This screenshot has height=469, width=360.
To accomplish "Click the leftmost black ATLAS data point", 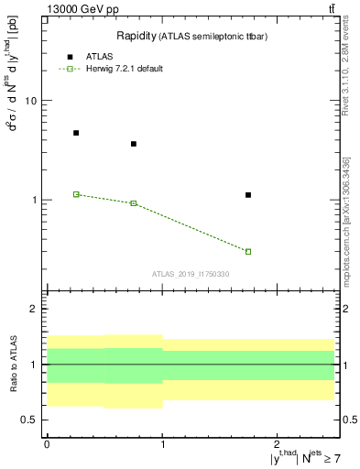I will [76, 133].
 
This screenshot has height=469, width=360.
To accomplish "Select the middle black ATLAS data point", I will [134, 144].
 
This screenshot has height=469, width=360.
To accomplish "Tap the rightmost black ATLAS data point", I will [248, 195].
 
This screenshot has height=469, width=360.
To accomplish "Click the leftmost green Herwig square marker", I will [76, 194].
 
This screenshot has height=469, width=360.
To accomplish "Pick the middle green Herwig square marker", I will [134, 203].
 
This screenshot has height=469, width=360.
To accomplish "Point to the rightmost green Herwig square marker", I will [248, 251].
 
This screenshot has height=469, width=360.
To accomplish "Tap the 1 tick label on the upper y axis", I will [34, 200].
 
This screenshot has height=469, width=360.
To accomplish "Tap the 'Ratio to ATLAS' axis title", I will [14, 364].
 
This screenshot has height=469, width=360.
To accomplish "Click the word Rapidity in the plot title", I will [135, 36].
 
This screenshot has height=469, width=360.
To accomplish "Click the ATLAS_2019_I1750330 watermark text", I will [191, 274].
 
